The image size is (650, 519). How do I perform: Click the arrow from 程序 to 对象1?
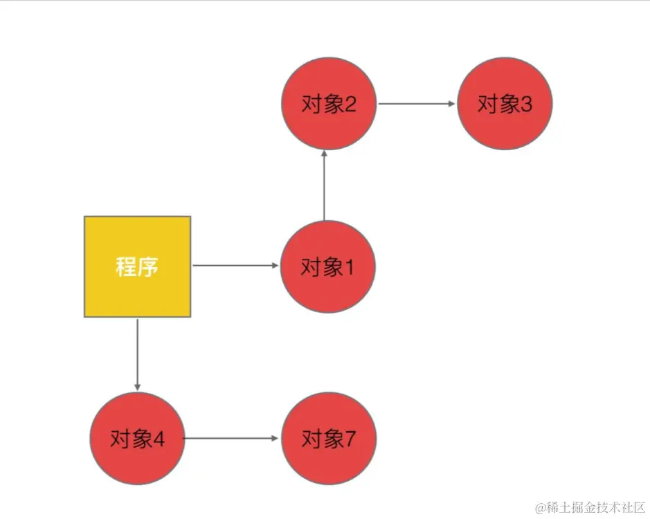click(235, 266)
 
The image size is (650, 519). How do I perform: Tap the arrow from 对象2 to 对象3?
click(416, 104)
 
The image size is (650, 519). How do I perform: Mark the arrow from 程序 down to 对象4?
click(137, 354)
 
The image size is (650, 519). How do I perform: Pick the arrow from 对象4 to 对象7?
click(231, 438)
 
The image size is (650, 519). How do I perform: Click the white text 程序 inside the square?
click(137, 266)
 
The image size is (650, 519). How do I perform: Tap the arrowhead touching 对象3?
click(452, 104)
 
